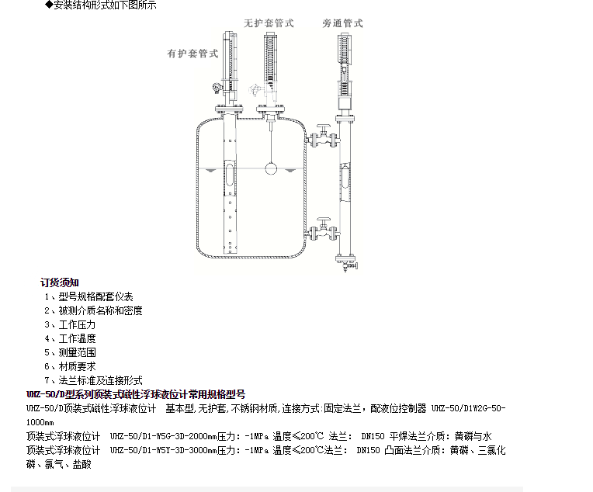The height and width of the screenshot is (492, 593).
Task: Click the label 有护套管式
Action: (192, 54)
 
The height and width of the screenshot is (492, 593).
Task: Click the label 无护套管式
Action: (269, 23)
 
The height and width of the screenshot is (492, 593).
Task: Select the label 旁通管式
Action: (342, 23)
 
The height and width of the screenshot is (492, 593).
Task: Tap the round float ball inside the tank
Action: (270, 167)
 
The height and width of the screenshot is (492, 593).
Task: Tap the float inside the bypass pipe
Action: (345, 176)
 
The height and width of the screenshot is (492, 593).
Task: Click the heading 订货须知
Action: (60, 282)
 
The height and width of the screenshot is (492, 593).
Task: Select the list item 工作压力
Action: (77, 324)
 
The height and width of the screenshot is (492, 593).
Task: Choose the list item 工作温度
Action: (77, 338)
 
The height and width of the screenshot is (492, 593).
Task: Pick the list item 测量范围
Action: (77, 352)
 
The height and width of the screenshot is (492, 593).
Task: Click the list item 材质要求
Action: (77, 366)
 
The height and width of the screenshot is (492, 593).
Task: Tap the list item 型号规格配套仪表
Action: (95, 296)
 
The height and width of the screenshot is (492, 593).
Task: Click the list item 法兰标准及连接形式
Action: (100, 380)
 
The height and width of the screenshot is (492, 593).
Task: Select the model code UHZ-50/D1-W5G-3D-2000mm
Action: (162, 436)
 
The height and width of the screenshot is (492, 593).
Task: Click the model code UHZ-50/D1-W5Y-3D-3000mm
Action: (162, 450)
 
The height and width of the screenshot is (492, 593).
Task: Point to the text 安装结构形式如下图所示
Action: (105, 5)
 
